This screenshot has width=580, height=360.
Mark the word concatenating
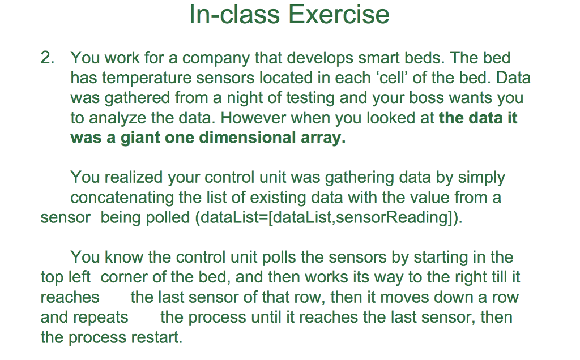[x=125, y=198]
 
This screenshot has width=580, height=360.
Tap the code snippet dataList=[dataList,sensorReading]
[x=328, y=218]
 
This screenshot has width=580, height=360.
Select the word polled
[x=168, y=218]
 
